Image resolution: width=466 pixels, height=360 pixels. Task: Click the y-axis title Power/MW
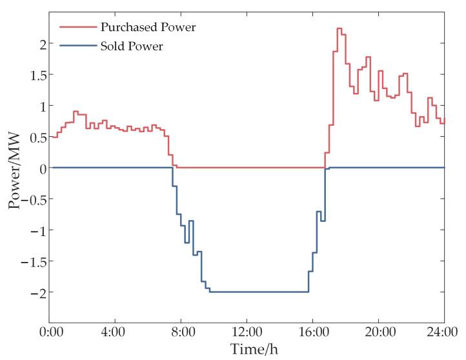coord(15,167)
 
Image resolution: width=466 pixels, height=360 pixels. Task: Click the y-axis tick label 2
coord(39,44)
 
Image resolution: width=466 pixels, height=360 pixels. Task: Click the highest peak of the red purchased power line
coord(339,28)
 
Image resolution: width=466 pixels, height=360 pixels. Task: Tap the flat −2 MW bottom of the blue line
coord(258,292)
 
